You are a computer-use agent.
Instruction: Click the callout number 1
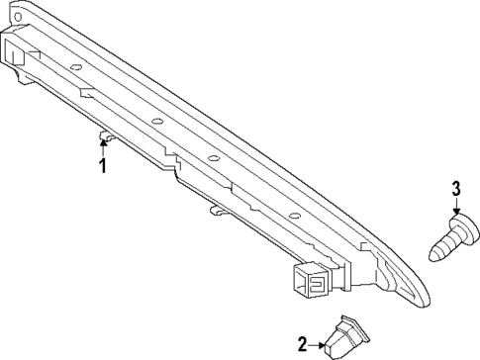pos(101,165)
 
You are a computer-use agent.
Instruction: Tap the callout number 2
pos(303,344)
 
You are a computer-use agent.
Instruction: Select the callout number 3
pos(456,190)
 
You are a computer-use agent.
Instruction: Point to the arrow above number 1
pos(102,145)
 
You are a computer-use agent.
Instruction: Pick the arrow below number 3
pos(456,209)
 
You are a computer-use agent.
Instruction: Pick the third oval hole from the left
pos(212,158)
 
